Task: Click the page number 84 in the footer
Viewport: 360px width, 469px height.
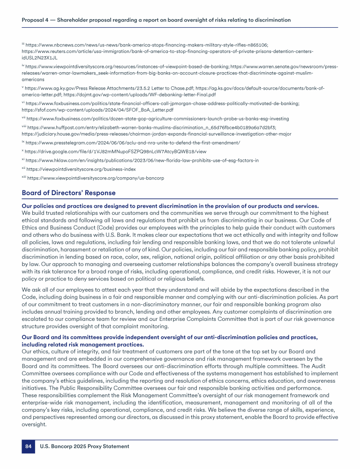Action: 28,446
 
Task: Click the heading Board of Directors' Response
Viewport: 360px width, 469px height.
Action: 68,193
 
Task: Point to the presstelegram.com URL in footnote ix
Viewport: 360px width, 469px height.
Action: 134,142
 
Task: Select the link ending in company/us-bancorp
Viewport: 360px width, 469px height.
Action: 96,178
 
